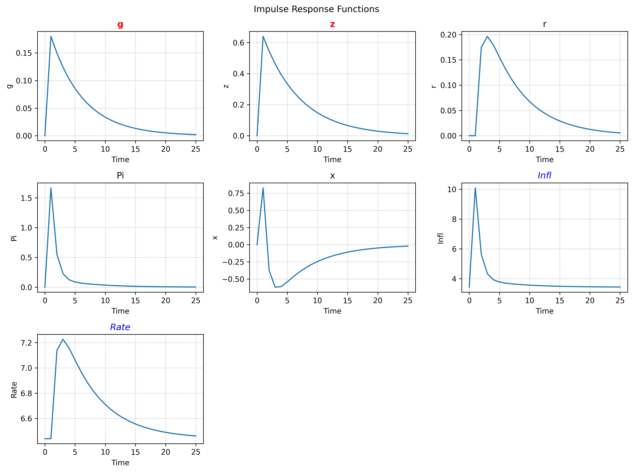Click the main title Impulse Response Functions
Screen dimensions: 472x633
[x=316, y=9]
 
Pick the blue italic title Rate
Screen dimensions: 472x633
[x=120, y=327]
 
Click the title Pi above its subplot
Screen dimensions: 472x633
[x=120, y=175]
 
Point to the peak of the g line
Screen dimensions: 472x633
[x=51, y=36]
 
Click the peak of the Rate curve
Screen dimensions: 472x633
[x=63, y=339]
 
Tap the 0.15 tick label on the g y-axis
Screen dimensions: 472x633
[x=24, y=53]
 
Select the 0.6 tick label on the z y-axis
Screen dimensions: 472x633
[x=238, y=43]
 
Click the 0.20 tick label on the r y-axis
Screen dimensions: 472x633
[x=448, y=35]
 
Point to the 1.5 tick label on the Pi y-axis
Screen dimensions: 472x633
[x=26, y=198]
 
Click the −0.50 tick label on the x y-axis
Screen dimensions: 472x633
[x=233, y=279]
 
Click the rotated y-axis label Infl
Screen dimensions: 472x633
[x=440, y=238]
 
